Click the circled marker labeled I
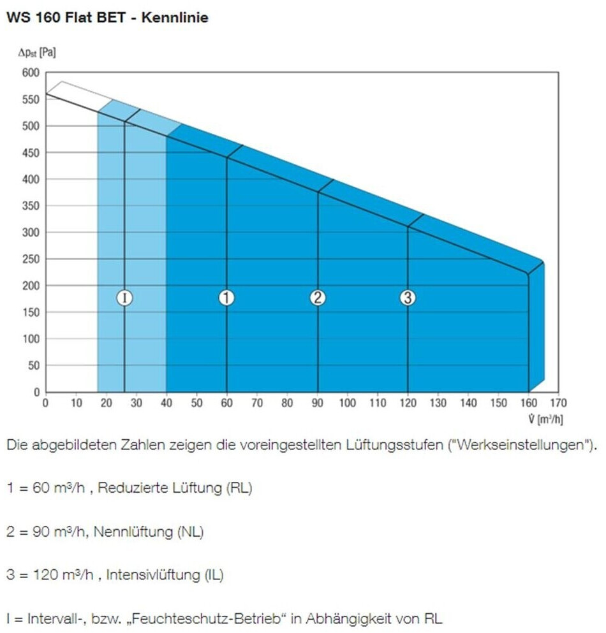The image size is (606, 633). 124,298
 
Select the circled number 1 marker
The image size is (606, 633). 226,298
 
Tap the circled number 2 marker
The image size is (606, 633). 318,298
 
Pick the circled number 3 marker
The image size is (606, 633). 408,298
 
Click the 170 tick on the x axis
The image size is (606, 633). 559,404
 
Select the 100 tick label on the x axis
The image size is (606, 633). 348,404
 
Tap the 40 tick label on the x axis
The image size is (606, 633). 166,404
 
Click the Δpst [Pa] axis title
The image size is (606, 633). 36,52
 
